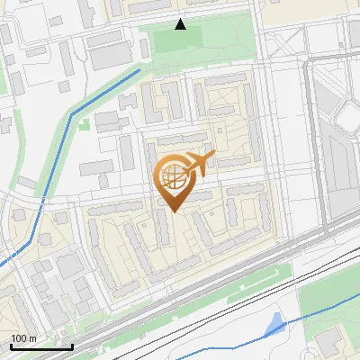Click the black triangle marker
181,24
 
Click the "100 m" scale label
22,338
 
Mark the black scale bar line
40,346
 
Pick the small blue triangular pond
275,323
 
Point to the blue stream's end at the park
140,67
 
